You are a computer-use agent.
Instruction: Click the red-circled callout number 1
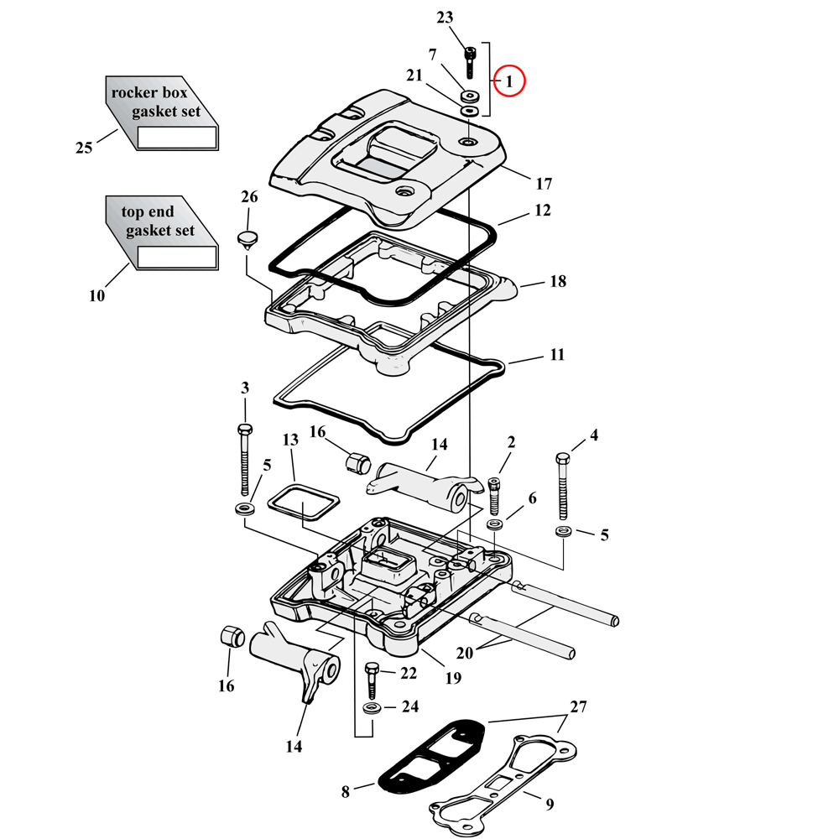[x=508, y=81]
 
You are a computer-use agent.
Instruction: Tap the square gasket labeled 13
[x=303, y=504]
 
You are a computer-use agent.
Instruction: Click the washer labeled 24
[x=370, y=709]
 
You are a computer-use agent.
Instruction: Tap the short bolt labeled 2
[x=493, y=495]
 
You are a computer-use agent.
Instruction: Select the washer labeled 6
[x=495, y=524]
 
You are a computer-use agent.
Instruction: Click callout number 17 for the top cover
[x=544, y=183]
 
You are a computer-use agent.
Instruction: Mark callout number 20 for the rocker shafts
[x=465, y=654]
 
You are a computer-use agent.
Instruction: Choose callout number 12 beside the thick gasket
[x=542, y=210]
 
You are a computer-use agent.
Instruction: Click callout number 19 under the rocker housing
[x=453, y=677]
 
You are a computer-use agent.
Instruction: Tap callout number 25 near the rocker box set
[x=84, y=148]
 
